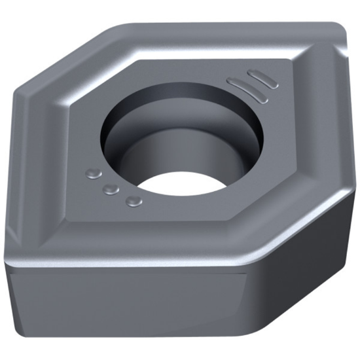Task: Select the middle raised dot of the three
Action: pos(112,189)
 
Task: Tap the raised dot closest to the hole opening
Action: pos(134,201)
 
